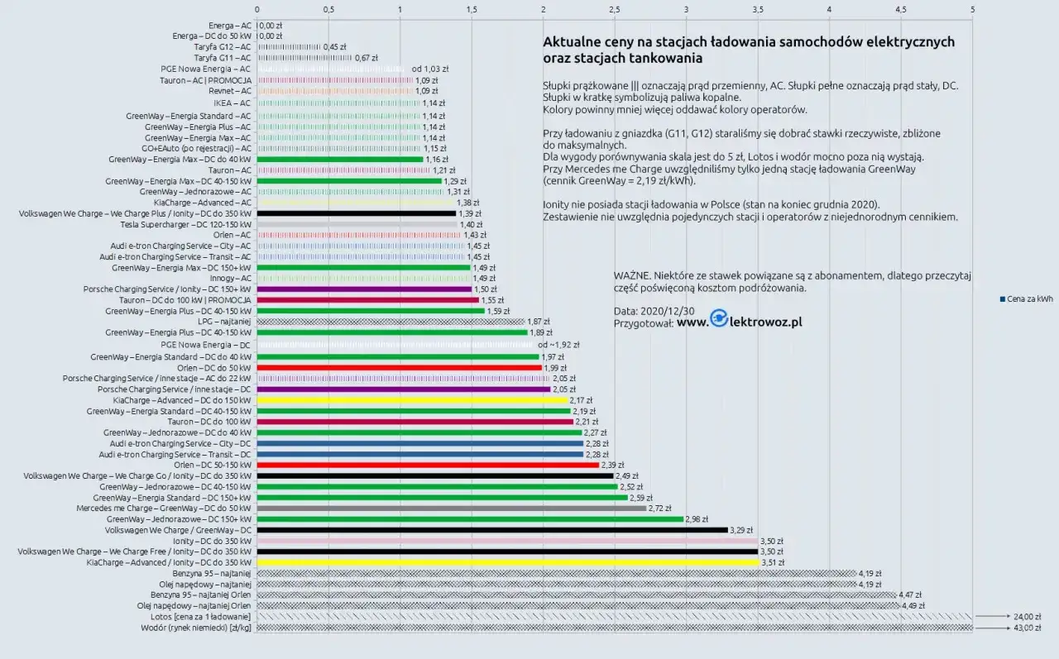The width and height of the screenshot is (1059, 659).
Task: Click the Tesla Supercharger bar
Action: [x=357, y=224]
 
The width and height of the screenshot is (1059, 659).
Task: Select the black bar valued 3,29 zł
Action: [x=492, y=530]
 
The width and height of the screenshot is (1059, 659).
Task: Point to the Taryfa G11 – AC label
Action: [x=222, y=58]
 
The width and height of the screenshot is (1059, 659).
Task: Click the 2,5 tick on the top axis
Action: [x=614, y=10]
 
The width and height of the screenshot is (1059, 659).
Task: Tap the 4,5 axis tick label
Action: [x=900, y=10]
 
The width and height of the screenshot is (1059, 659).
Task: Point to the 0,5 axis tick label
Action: [x=328, y=10]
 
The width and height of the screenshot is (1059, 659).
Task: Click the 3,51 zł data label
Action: [x=773, y=563]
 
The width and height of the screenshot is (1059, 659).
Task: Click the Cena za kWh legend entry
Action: [x=1026, y=299]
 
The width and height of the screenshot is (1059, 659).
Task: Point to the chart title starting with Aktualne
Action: [x=748, y=50]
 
